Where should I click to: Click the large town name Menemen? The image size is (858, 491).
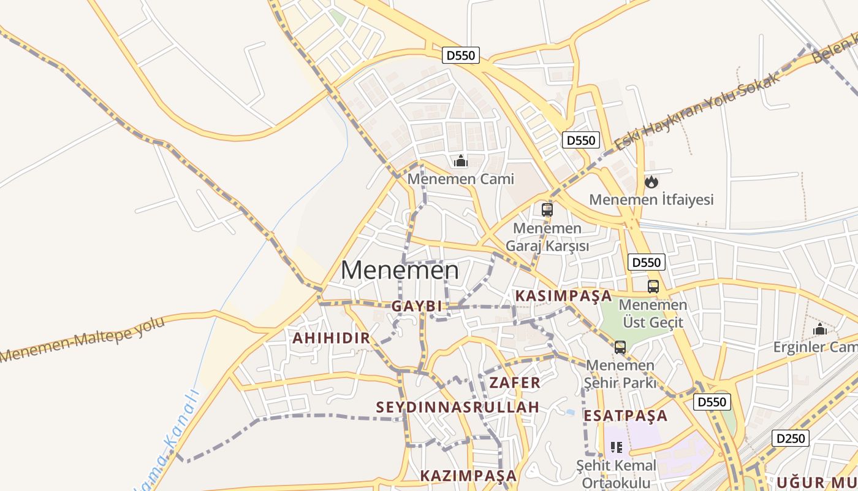[x=400, y=270]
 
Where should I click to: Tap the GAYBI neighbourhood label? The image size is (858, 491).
[x=417, y=306]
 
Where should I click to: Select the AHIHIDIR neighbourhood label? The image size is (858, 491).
[x=331, y=338]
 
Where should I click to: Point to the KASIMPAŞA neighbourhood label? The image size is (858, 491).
[x=563, y=296]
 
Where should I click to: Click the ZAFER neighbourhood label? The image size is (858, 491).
[x=515, y=383]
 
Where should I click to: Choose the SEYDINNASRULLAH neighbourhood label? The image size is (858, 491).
[x=458, y=407]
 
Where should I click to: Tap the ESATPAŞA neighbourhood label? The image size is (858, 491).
[x=625, y=416]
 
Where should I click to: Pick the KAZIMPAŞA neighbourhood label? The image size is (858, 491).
[x=469, y=476]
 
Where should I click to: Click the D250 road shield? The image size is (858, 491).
[x=791, y=438]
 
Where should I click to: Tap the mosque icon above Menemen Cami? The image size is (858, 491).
[x=460, y=161]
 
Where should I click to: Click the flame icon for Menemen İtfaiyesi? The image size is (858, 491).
[x=651, y=182]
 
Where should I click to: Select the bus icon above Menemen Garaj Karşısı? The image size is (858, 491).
[x=547, y=210]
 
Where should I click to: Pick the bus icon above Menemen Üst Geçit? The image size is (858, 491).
[x=653, y=286]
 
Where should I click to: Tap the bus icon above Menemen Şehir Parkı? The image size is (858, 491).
[x=620, y=347]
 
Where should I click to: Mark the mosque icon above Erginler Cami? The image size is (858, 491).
[x=820, y=330]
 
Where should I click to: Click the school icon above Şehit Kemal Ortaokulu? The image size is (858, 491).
[x=617, y=447]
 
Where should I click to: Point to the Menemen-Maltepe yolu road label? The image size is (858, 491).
[x=83, y=339]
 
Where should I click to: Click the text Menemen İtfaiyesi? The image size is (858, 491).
[x=651, y=200]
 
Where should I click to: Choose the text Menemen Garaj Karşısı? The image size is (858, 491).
[x=547, y=237]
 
